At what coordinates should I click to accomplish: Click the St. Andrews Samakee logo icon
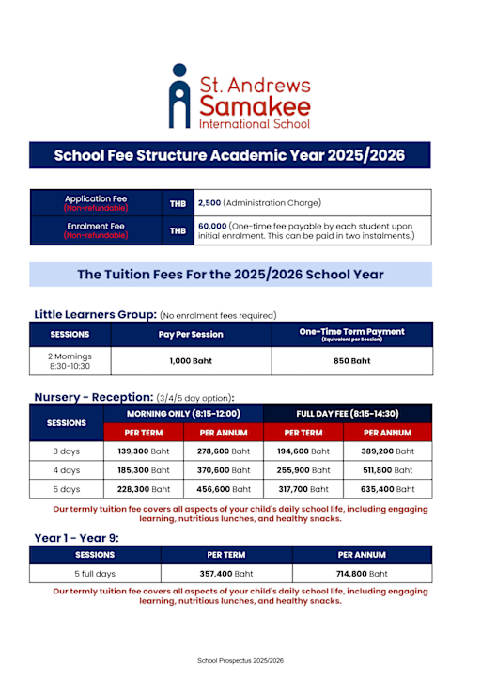click(179, 96)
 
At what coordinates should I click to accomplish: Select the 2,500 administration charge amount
click(209, 202)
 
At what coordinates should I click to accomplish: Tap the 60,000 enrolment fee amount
click(211, 226)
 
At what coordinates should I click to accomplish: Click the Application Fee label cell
click(96, 202)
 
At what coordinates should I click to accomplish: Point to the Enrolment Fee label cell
click(96, 230)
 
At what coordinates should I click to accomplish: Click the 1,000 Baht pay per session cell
click(191, 360)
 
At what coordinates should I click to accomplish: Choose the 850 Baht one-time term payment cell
click(351, 360)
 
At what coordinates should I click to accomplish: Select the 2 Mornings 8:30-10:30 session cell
click(70, 360)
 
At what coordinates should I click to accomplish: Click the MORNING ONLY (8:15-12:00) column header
click(184, 414)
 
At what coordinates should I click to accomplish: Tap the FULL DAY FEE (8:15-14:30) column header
click(349, 414)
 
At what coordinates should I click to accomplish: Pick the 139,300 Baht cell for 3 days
click(145, 451)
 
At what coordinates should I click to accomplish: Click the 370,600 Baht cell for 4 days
click(224, 469)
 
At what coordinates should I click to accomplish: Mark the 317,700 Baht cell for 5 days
click(303, 489)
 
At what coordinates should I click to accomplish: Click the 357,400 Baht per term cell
click(226, 573)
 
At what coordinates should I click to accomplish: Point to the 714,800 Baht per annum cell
click(362, 573)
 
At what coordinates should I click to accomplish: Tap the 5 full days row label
click(95, 573)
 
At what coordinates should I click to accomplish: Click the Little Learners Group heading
click(95, 314)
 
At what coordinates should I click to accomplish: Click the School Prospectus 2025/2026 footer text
click(240, 661)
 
